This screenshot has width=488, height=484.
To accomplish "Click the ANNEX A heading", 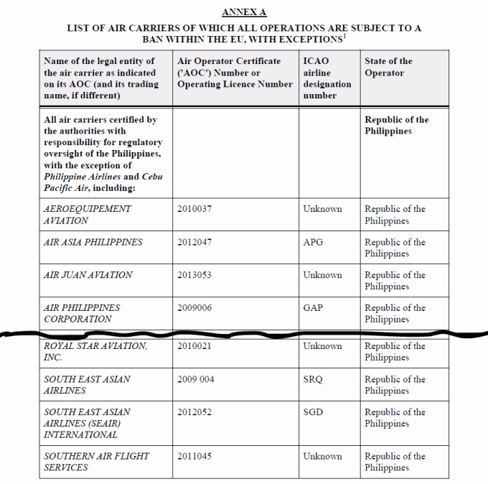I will (244, 12).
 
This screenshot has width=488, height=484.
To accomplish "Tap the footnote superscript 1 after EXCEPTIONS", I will (345, 35).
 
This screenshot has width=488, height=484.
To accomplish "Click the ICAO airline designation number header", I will (327, 78).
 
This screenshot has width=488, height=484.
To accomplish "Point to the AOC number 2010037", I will (194, 209).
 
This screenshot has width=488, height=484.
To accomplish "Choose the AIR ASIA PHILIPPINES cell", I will (93, 242).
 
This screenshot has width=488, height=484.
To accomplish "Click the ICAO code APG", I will (313, 242).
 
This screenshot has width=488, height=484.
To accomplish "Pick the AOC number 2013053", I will (194, 275).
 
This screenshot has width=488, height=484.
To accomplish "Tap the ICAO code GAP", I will (313, 307).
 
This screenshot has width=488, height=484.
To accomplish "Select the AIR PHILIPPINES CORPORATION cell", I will (82, 313).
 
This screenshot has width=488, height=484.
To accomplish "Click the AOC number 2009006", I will (194, 307).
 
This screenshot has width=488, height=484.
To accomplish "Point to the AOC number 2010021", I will (194, 346).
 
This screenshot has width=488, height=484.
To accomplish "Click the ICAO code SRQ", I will (314, 379).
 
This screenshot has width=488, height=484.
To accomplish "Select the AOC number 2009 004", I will (196, 379).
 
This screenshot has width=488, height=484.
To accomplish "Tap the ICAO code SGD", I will (314, 412).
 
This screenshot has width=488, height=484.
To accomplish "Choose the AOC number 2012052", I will (194, 412).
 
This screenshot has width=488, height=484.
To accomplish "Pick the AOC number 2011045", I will (194, 456).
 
